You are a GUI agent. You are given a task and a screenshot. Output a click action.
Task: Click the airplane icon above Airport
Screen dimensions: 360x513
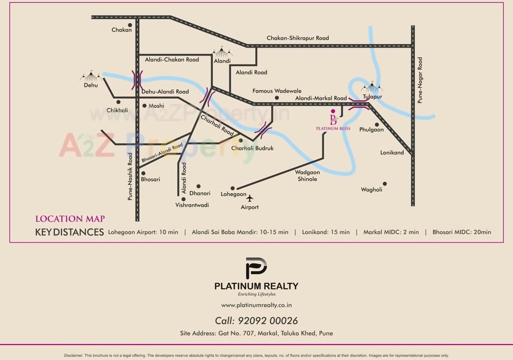(x=250, y=198)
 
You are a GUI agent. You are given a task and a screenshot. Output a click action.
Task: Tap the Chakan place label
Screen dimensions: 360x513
(x=121, y=30)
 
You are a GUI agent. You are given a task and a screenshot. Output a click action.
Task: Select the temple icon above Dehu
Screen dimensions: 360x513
(x=91, y=77)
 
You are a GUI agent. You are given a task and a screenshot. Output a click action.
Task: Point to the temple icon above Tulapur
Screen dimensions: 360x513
(x=372, y=87)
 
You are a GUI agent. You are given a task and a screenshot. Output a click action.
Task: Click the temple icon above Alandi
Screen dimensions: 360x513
(x=222, y=52)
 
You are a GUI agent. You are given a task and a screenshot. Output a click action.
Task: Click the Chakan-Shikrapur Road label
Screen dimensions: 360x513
(x=298, y=38)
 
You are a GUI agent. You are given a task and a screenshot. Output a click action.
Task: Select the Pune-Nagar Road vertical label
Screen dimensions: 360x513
(x=420, y=80)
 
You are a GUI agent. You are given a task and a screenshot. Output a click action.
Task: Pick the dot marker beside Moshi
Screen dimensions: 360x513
(x=144, y=106)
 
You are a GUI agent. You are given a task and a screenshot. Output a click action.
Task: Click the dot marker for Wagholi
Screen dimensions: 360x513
(x=385, y=184)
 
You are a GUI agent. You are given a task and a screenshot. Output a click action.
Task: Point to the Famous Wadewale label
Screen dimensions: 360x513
(x=277, y=91)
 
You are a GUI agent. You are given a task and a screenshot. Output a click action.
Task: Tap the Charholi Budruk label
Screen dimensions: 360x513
(x=252, y=148)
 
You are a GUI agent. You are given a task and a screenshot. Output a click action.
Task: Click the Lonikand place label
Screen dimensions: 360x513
(x=392, y=153)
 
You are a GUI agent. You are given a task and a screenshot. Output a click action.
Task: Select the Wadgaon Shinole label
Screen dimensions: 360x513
(x=307, y=176)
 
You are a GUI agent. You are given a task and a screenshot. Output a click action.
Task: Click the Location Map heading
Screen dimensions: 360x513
(x=70, y=219)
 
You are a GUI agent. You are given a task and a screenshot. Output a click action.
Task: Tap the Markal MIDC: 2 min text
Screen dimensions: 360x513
(x=391, y=232)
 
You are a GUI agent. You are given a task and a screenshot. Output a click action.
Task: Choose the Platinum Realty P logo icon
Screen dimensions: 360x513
(x=256, y=268)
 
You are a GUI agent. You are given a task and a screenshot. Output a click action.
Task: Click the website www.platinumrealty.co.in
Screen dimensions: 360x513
(x=256, y=305)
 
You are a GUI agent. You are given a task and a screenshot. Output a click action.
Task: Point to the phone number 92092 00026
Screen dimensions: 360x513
(x=268, y=321)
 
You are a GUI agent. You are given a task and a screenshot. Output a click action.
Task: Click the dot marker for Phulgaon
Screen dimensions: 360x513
(x=377, y=125)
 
